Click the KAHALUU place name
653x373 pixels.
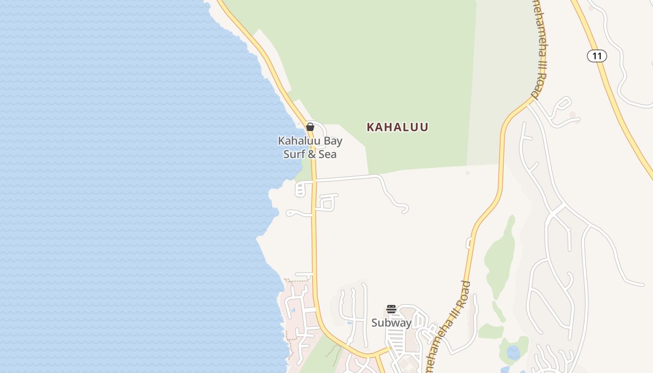(x=397, y=127)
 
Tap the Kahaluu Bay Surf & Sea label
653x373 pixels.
(x=310, y=147)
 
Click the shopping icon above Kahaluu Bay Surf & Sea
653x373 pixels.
(x=310, y=127)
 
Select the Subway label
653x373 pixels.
(x=391, y=323)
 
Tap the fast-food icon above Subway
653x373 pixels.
(x=391, y=309)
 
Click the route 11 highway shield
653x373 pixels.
(x=597, y=56)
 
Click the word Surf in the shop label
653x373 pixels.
(x=294, y=154)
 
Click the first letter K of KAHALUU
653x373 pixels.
(x=371, y=127)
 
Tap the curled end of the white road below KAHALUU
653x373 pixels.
(x=404, y=208)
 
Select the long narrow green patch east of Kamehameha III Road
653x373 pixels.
(x=500, y=256)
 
